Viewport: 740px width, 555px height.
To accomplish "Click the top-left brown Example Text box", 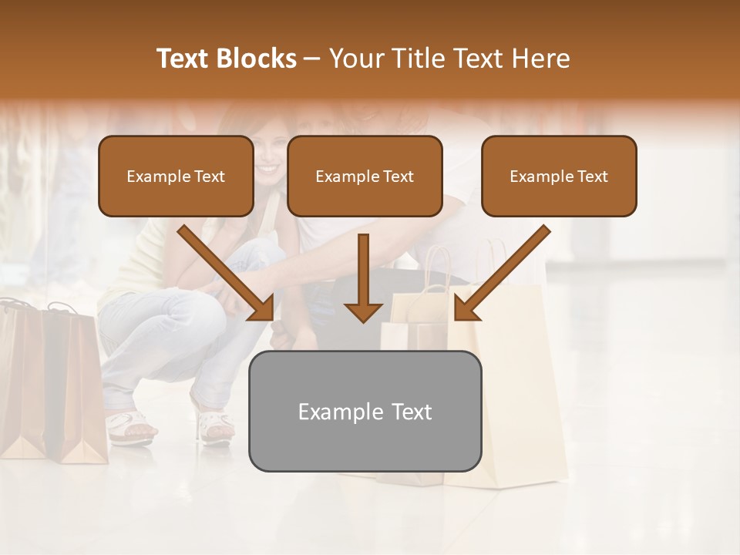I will point(176,177).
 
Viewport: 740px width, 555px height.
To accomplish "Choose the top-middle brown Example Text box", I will point(365,177).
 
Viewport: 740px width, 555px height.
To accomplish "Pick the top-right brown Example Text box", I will point(559,177).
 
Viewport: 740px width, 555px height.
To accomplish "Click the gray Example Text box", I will point(365,411).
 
